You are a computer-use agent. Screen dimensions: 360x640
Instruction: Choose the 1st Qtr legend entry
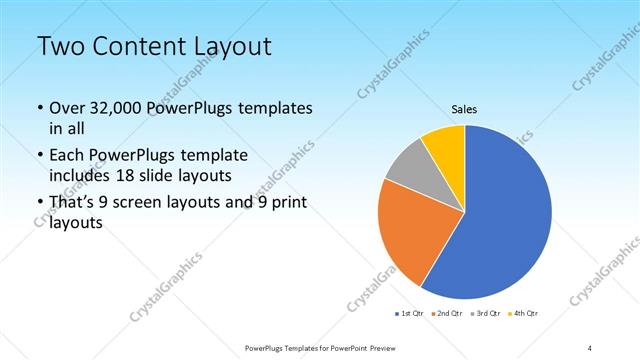coord(410,315)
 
